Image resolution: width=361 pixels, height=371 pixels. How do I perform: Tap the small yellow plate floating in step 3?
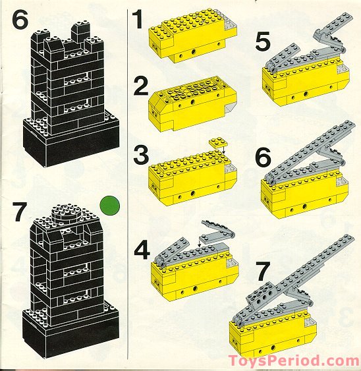point(217,142)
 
